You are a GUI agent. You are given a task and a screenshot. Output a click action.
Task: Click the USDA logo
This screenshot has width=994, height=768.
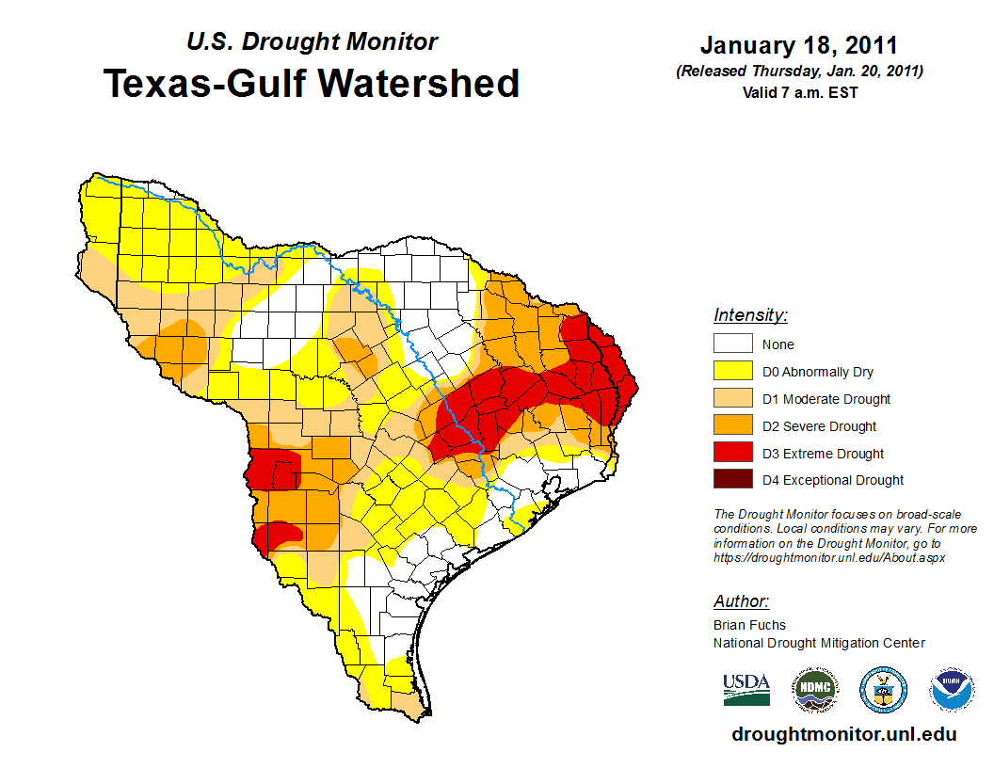(x=746, y=689)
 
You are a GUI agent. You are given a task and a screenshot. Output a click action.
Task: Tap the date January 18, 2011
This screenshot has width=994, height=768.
(x=798, y=45)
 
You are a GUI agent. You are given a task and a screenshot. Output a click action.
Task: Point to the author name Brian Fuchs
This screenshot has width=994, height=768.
(x=749, y=624)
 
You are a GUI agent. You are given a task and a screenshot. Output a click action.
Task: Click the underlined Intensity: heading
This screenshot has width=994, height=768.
(x=750, y=315)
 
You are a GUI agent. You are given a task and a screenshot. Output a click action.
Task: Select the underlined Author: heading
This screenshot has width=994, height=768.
(x=741, y=601)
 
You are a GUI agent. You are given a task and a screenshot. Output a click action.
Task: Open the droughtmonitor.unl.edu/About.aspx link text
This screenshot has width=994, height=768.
(x=828, y=557)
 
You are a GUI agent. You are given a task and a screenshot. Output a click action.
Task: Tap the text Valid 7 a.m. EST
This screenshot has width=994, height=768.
(x=798, y=92)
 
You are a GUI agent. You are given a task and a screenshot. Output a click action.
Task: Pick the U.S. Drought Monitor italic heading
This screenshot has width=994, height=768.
(x=312, y=42)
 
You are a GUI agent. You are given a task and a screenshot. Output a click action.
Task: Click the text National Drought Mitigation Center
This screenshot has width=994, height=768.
(x=819, y=643)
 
